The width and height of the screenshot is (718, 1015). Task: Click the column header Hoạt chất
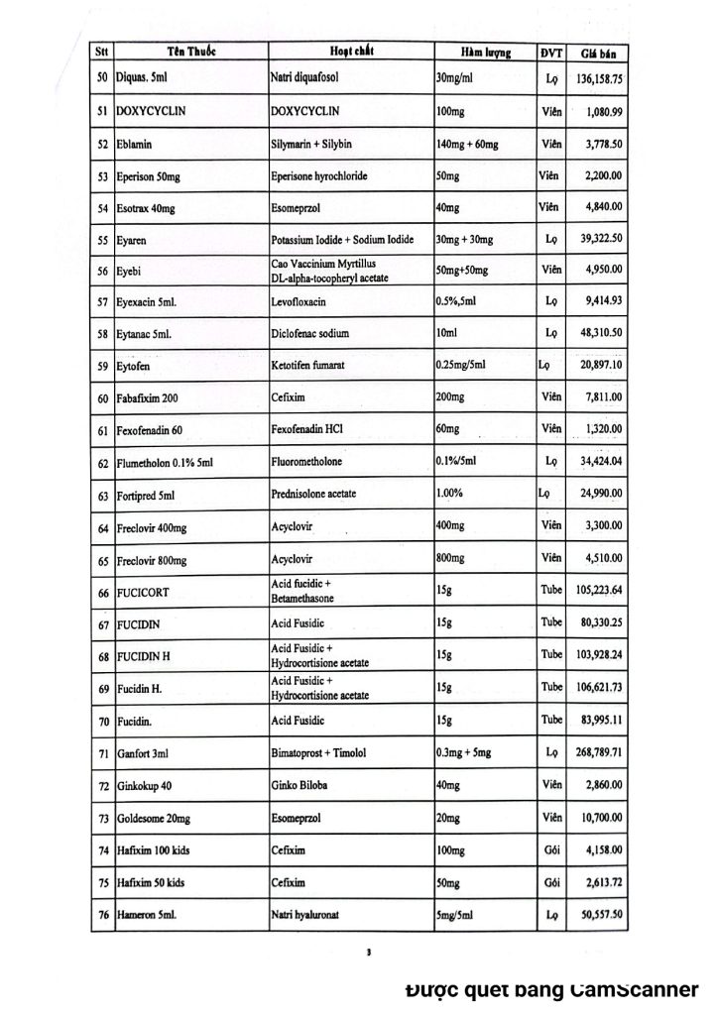click(351, 51)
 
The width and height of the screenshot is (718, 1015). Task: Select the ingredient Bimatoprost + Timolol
click(319, 754)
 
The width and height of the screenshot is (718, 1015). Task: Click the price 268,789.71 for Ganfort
click(595, 754)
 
